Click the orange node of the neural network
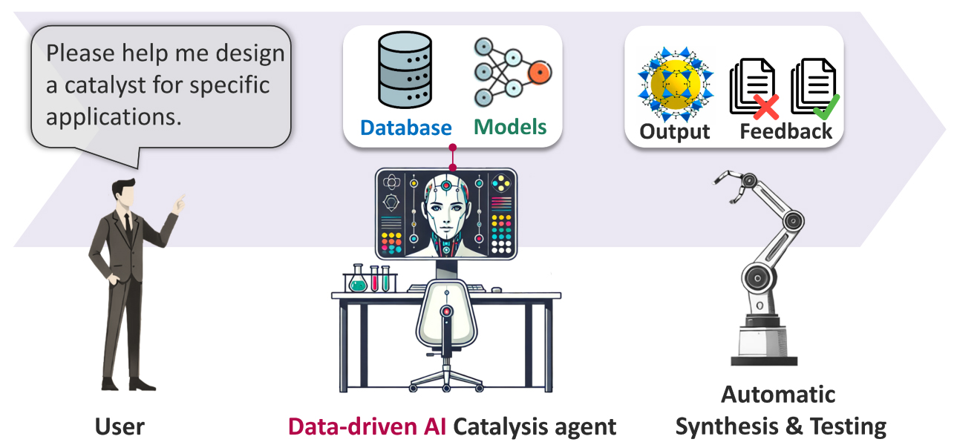539,72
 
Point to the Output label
674,131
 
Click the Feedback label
786,131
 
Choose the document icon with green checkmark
814,89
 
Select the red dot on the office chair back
446,311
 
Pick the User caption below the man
120,426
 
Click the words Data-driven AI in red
367,426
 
